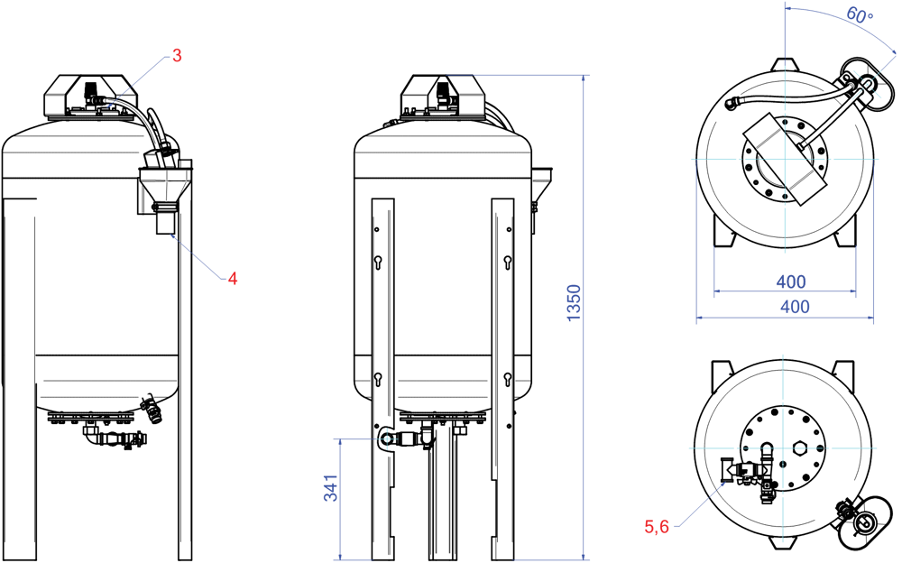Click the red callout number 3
coord(177,56)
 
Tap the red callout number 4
coord(233,279)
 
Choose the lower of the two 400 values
coord(794,307)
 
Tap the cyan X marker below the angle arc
coord(866,85)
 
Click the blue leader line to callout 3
coord(135,82)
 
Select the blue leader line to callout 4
coord(197,258)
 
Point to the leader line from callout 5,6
coord(699,505)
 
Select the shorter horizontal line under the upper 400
coord(785,291)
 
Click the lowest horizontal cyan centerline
coord(783,448)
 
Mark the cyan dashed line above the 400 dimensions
coord(783,159)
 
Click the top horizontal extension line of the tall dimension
coord(532,75)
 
